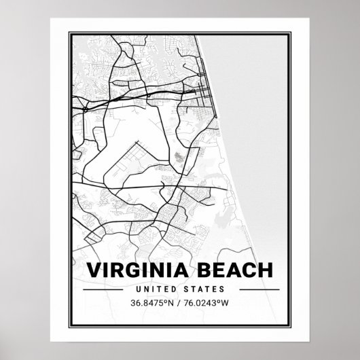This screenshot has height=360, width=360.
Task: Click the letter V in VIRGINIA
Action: coord(92,270)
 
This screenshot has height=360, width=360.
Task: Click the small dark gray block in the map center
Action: coord(179,157)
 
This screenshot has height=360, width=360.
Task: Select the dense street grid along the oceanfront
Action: coord(203,88)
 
